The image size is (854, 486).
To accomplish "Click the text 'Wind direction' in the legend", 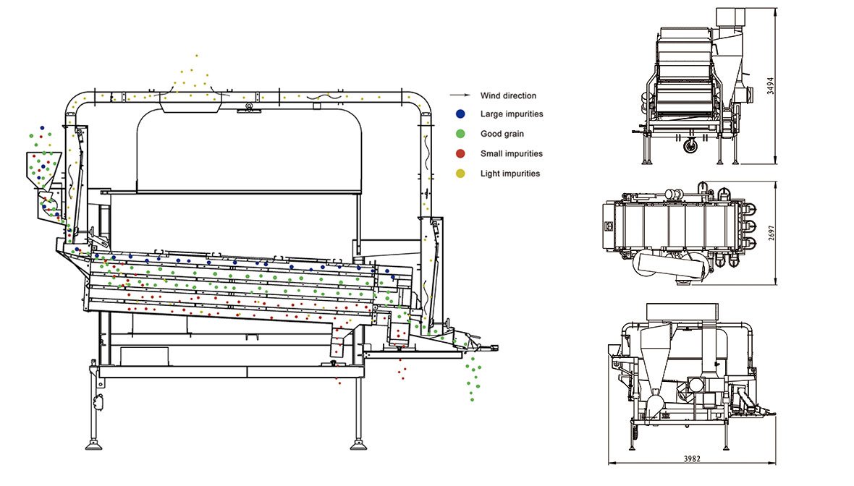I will [508, 95].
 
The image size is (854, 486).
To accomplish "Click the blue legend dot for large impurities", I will [460, 114].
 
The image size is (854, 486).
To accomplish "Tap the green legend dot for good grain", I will [460, 134].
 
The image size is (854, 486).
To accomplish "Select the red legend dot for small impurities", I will [460, 154].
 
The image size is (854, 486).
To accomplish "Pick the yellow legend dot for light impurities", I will [460, 174].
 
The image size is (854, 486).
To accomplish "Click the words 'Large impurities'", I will [511, 114].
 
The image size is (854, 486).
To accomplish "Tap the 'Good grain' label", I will [502, 134].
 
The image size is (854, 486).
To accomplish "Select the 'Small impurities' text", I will [511, 154].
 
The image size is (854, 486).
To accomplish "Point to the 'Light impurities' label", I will [510, 174].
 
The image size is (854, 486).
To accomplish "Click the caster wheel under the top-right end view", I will [690, 146].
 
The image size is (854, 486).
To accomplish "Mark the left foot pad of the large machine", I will [93, 444].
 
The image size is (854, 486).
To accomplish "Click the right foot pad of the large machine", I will [358, 444].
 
